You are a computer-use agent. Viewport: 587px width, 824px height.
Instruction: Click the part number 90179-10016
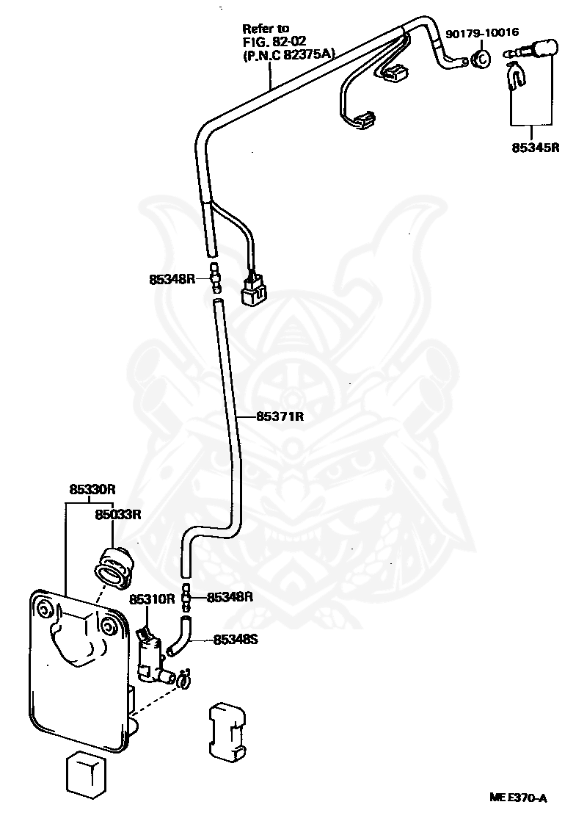coord(481,33)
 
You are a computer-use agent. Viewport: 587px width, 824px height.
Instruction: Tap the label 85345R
coord(536,147)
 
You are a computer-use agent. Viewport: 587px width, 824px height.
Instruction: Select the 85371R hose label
coord(280,416)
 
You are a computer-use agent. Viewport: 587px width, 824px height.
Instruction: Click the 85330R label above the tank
coord(92,489)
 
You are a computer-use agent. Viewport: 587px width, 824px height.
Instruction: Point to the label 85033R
coord(118,515)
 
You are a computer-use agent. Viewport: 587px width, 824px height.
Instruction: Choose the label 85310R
coord(152,599)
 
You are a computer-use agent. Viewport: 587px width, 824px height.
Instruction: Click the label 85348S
coord(236,640)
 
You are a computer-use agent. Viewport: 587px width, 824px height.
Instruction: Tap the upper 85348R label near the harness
coord(172,278)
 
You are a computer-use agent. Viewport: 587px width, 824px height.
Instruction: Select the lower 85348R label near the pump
coord(230,597)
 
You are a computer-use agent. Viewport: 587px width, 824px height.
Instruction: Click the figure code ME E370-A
coord(518,798)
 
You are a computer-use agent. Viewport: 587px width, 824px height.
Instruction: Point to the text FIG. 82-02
coord(274,40)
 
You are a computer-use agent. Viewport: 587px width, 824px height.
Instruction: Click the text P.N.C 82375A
coord(288,53)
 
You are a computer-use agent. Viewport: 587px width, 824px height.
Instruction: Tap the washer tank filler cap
coord(114,567)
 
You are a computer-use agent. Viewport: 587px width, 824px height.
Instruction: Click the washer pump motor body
coord(149,654)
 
